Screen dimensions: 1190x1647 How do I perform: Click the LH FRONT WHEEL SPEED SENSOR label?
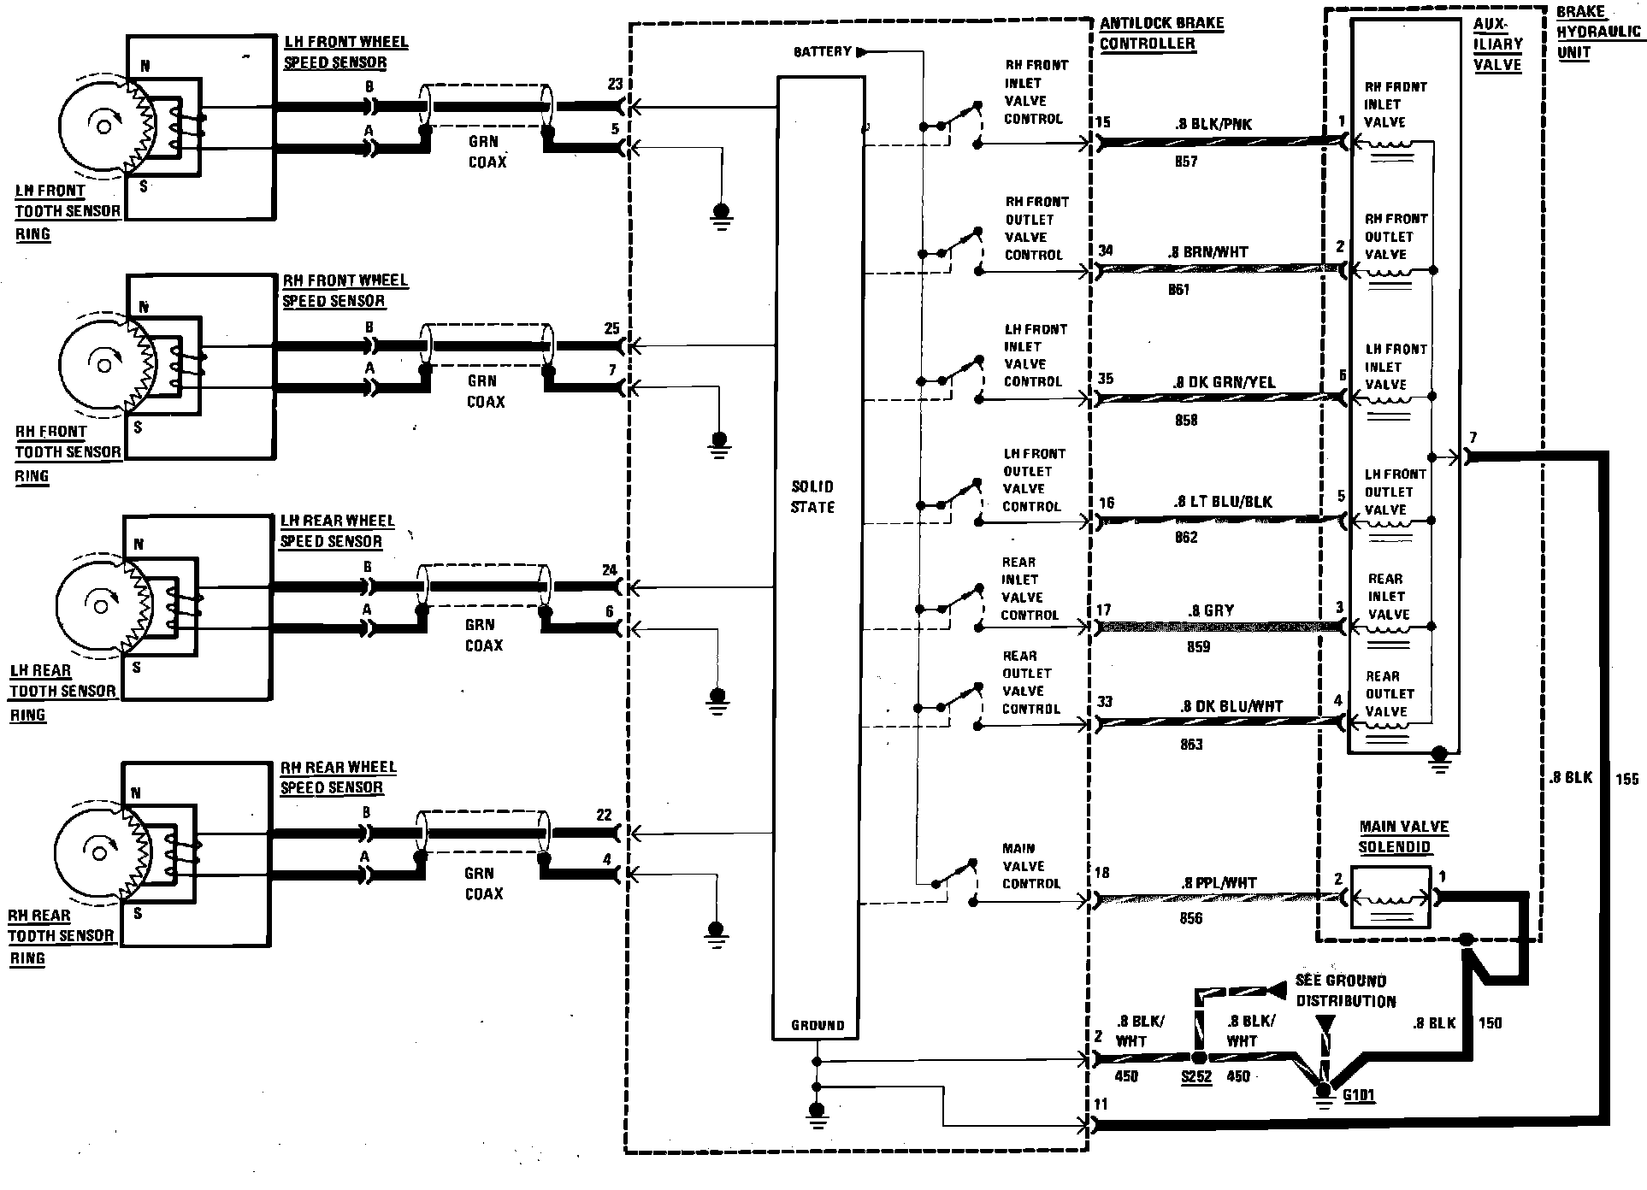345,52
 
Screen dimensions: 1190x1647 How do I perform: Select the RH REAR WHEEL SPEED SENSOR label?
337,777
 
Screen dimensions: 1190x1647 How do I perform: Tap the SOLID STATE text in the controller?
812,497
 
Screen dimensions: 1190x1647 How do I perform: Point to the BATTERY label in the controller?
822,52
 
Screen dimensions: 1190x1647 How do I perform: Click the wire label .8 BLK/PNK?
1213,124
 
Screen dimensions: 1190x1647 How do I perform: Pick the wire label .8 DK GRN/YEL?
1224,382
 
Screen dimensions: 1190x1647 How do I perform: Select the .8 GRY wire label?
1210,610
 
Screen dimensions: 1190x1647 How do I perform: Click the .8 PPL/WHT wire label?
1219,883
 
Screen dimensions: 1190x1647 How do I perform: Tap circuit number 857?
1186,162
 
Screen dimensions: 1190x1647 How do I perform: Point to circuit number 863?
1191,745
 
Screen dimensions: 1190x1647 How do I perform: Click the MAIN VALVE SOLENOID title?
1403,836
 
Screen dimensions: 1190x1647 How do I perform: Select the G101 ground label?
1358,1095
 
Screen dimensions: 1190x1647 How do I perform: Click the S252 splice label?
1196,1077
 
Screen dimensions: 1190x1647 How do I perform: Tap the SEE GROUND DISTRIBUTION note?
1345,991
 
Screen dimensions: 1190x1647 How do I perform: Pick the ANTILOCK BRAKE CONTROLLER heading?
1160,33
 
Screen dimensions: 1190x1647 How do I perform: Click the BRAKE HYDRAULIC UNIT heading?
1597,32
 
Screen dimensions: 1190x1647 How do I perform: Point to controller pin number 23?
614,85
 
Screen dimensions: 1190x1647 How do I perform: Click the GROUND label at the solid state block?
818,1025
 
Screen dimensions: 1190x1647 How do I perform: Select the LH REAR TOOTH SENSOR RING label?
62,692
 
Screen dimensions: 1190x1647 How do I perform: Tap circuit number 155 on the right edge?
1626,779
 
